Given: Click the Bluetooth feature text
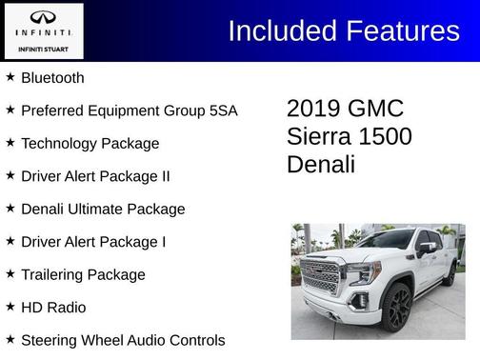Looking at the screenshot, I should pyautogui.click(x=52, y=78).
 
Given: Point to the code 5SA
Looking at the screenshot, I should pyautogui.click(x=222, y=110).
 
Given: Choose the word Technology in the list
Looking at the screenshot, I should pyautogui.click(x=57, y=144).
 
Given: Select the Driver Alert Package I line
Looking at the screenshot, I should pyautogui.click(x=93, y=242).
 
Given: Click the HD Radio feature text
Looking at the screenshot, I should pyautogui.click(x=53, y=308).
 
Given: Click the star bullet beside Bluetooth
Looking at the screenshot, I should pyautogui.click(x=10, y=77).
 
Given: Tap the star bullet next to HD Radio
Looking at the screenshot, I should pyautogui.click(x=10, y=307).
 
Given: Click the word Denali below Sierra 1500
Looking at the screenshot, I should pyautogui.click(x=321, y=164).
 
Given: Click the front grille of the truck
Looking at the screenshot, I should pyautogui.click(x=320, y=276).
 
